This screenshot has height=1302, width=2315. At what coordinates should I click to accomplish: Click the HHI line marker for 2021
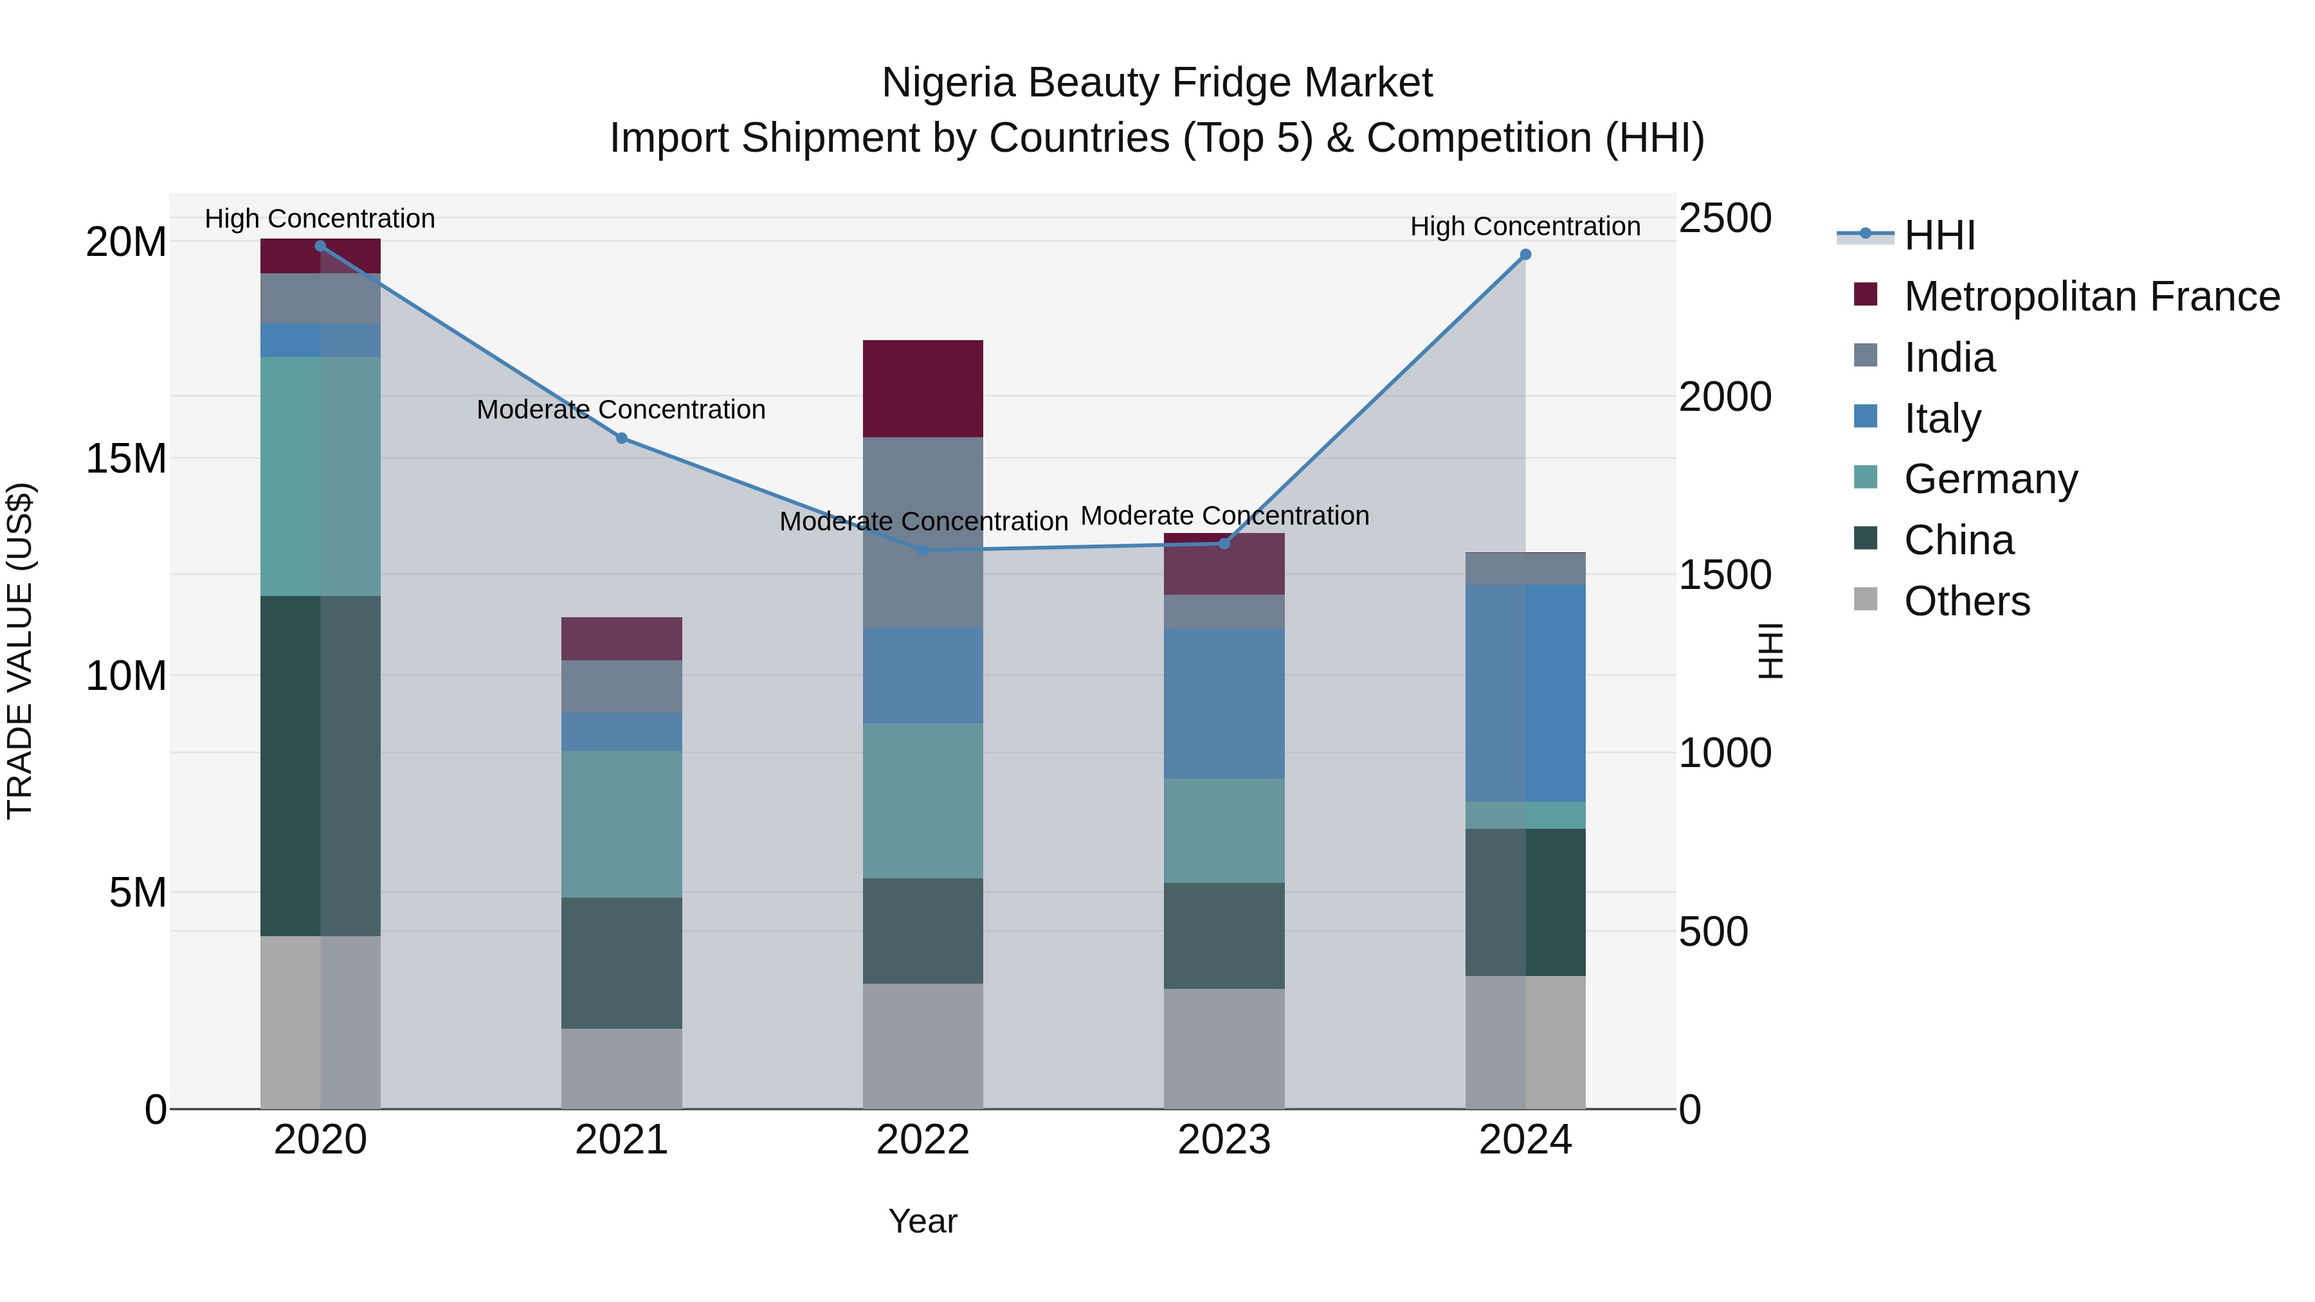point(621,439)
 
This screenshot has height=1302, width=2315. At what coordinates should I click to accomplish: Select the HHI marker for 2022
point(923,550)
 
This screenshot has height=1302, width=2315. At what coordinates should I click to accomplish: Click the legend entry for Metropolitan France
point(2091,296)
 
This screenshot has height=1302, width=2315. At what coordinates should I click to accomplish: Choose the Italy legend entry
point(1941,419)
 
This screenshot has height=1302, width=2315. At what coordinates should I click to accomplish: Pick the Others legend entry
point(1966,601)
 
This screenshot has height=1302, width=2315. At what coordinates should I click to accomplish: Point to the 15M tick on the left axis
point(126,459)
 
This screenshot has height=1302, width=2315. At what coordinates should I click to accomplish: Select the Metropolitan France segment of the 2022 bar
point(923,389)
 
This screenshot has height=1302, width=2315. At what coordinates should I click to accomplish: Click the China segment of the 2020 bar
point(321,766)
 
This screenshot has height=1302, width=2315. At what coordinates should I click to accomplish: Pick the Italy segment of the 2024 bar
point(1525,692)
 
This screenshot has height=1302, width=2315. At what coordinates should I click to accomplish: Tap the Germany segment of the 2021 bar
point(621,824)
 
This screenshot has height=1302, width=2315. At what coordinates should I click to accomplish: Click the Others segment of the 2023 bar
point(1224,1049)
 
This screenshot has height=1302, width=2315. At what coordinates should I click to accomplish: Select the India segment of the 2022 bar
point(923,532)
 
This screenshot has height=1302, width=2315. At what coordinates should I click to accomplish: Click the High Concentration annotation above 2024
point(1525,226)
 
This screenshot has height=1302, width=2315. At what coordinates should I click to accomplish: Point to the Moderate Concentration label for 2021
point(621,410)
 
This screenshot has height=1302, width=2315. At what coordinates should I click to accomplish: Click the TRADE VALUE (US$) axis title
point(20,651)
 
